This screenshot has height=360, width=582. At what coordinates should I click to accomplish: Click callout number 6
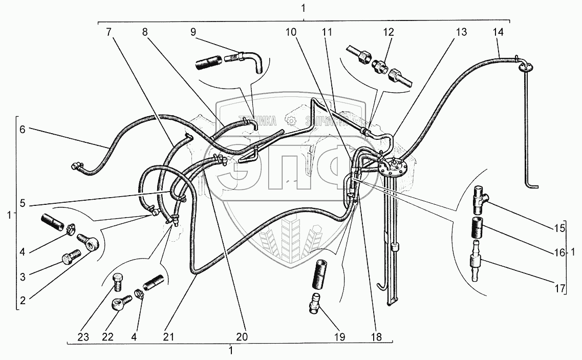(22, 130)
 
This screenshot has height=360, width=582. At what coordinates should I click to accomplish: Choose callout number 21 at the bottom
(169, 337)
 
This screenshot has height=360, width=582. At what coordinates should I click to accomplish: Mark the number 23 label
(83, 337)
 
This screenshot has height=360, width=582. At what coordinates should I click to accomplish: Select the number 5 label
(22, 202)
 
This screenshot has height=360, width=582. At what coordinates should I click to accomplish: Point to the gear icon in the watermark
(291, 121)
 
